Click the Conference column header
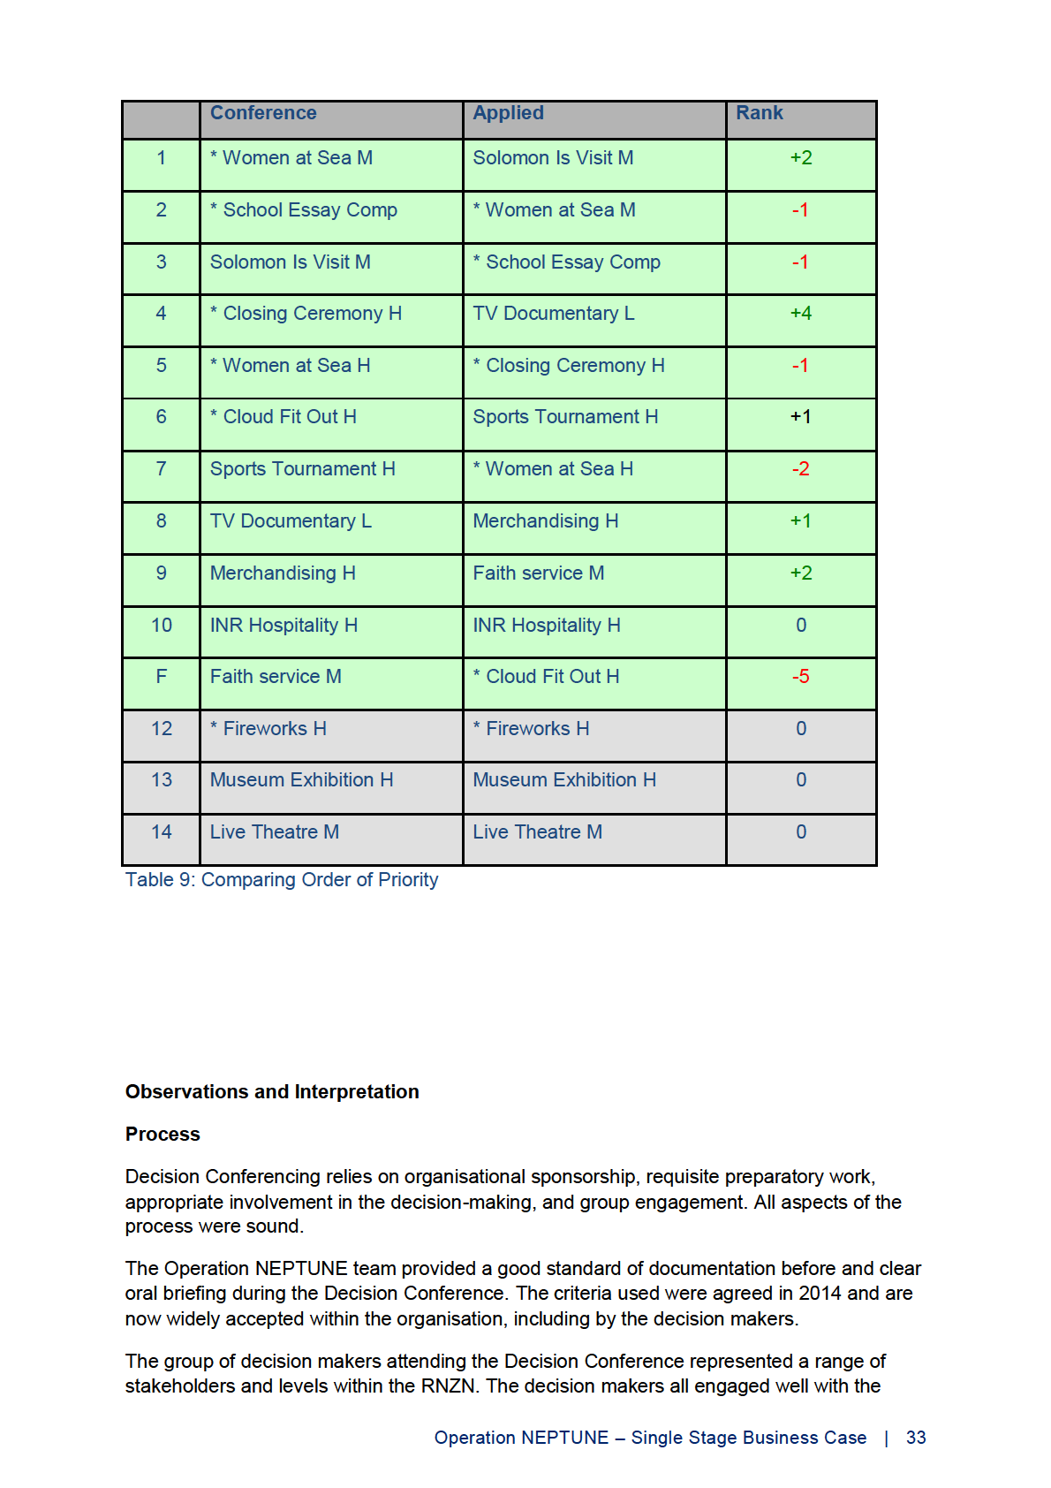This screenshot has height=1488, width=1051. click(x=263, y=113)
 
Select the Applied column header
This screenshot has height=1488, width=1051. click(x=508, y=113)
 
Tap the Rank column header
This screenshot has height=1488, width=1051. click(x=760, y=113)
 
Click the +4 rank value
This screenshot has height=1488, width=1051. click(x=801, y=314)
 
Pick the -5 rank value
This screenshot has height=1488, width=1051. click(x=801, y=677)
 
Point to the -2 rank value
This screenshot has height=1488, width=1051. click(x=801, y=469)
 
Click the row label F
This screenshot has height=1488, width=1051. click(x=162, y=677)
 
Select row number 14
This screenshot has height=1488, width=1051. click(x=162, y=832)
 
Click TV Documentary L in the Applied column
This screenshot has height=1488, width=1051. click(x=554, y=314)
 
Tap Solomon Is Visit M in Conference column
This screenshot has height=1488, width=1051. click(x=291, y=262)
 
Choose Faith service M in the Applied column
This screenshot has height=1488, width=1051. click(x=539, y=573)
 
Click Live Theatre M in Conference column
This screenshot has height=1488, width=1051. click(x=275, y=832)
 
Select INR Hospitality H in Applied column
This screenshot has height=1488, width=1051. click(x=547, y=626)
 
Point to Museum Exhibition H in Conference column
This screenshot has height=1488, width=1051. click(x=302, y=780)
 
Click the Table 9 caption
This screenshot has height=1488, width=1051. click(x=282, y=880)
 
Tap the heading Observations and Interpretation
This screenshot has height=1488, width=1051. click(x=272, y=1092)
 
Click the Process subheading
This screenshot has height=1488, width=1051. click(x=163, y=1135)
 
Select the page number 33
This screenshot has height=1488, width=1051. click(x=916, y=1438)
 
